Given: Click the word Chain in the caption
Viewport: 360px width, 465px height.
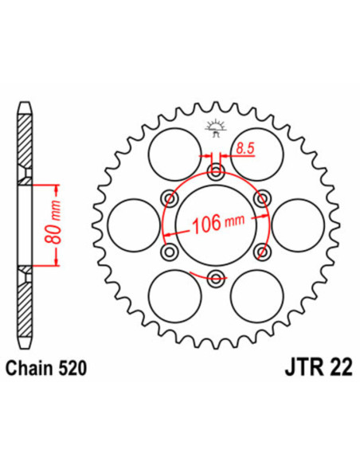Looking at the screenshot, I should [29, 369].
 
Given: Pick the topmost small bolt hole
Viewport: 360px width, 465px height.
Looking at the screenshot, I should [213, 172].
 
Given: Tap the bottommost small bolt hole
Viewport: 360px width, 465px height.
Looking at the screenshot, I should [213, 278].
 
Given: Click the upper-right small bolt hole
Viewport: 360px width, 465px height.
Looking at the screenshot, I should [260, 198].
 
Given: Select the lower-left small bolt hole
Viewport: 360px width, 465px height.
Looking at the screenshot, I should [168, 252].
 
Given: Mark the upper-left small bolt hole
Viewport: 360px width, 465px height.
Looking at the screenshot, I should [168, 198].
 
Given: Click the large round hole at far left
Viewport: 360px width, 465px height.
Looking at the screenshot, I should [131, 225].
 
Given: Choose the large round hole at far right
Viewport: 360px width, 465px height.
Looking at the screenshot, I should [296, 225].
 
